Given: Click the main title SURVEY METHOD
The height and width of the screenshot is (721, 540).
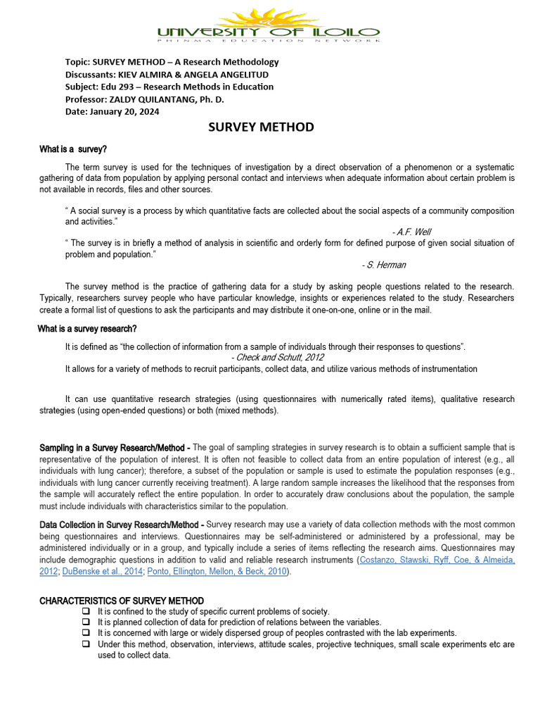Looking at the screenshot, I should [x=261, y=127].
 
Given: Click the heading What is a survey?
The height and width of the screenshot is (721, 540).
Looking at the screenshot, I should [x=73, y=149].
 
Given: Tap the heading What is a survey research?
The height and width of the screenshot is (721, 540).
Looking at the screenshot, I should [x=87, y=329].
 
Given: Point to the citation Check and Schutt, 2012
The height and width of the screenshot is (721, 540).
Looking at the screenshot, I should [x=277, y=357].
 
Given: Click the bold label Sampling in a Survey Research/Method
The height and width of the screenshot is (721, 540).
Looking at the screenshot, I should [x=113, y=447].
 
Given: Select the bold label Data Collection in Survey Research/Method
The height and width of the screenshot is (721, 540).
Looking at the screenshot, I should [x=122, y=525].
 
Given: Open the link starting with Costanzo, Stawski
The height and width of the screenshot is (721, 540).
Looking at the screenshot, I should [x=436, y=560].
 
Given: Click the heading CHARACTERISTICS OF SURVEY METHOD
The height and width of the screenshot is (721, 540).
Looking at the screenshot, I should [x=122, y=601].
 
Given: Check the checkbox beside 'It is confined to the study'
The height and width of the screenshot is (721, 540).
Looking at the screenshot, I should [x=86, y=611].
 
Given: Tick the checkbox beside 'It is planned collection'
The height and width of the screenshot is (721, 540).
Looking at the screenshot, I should [x=86, y=622].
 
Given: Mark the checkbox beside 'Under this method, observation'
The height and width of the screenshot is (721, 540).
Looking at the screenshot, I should [x=86, y=644].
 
